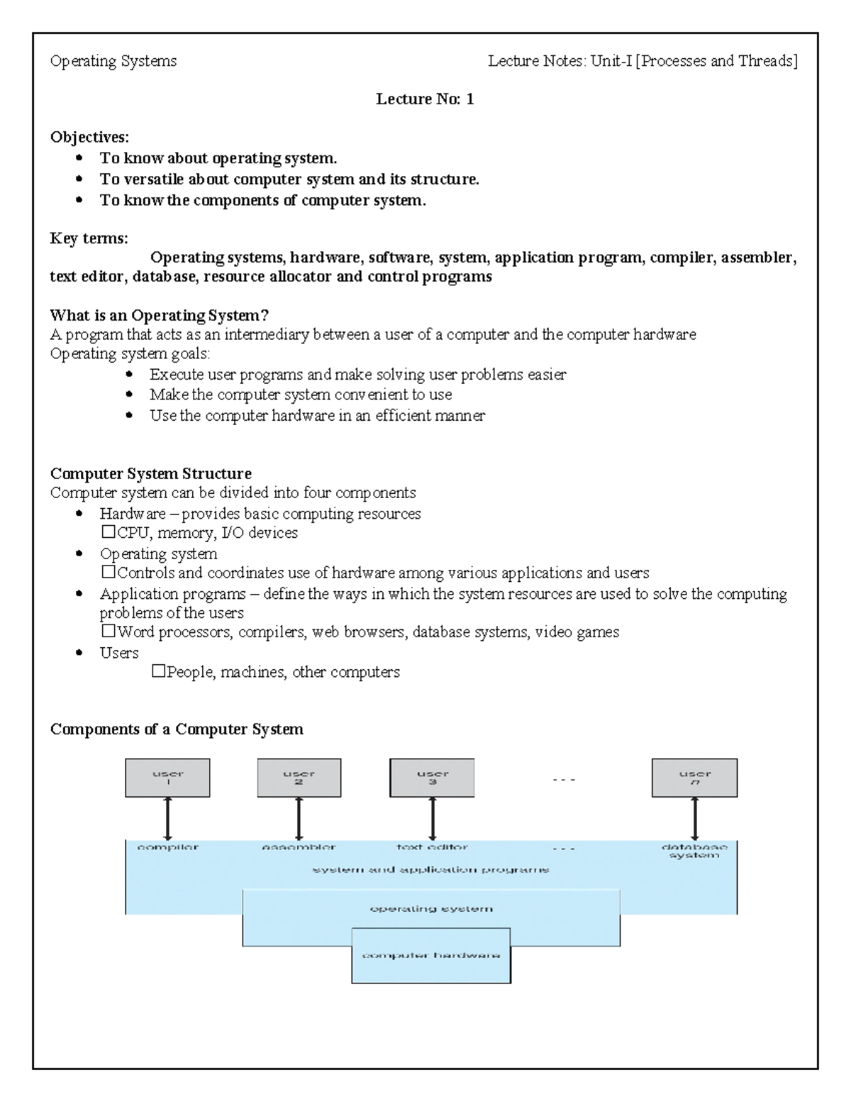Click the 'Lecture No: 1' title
(x=424, y=99)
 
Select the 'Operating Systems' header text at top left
(x=113, y=61)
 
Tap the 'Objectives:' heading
(x=89, y=137)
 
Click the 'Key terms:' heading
(x=89, y=238)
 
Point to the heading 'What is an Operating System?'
(x=160, y=315)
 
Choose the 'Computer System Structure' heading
(x=150, y=473)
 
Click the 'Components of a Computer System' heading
(x=177, y=729)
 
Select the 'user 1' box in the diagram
(x=167, y=778)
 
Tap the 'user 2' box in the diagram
(x=299, y=778)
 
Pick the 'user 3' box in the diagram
(x=432, y=778)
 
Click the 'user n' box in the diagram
(x=694, y=778)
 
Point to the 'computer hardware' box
(x=431, y=955)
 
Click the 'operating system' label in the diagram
(x=431, y=908)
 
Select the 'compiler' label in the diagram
(x=167, y=847)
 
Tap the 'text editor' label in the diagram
(x=432, y=847)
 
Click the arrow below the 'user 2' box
(x=299, y=819)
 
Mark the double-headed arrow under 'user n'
(x=695, y=819)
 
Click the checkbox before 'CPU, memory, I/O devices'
(x=108, y=532)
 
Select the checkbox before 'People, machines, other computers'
(x=158, y=671)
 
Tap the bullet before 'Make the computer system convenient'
(x=129, y=395)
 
